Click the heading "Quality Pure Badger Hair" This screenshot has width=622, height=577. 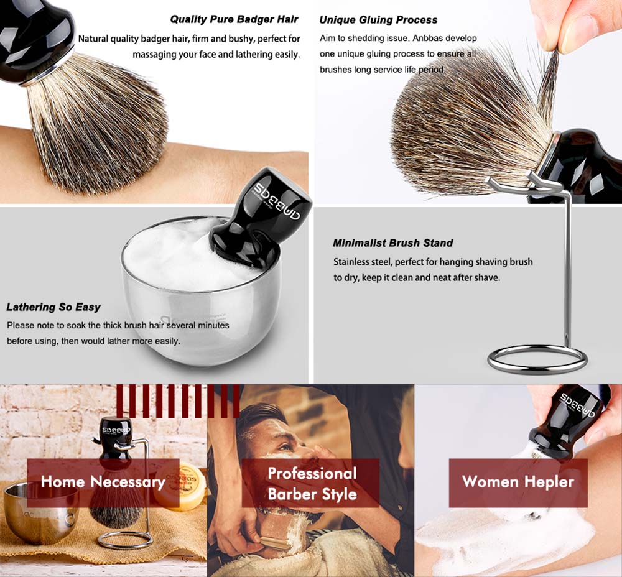coord(234,19)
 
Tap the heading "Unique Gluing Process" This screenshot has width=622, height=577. coord(378,20)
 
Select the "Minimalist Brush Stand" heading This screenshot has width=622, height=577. coord(392,242)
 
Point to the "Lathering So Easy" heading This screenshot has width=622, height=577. coord(53,307)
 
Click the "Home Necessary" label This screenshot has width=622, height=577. coord(103,482)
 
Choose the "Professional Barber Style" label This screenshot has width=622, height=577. coord(312,483)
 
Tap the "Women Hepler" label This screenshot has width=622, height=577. coord(518,482)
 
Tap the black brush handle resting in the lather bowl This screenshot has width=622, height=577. coord(260,216)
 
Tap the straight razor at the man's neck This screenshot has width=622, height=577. coord(274,542)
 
